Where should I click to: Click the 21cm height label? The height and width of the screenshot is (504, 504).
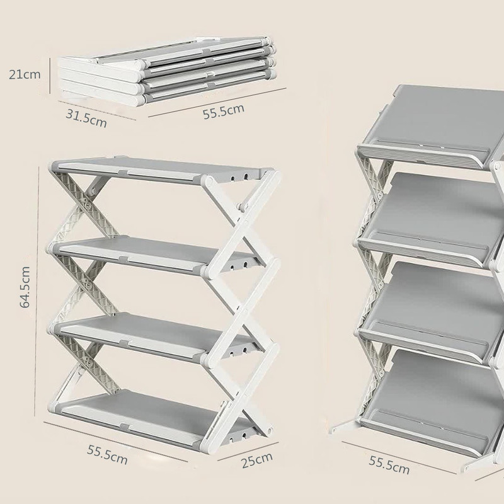pyautogui.click(x=25, y=74)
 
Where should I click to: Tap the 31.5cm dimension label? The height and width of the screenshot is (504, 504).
pyautogui.click(x=86, y=118)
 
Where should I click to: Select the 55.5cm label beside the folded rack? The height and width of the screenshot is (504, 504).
pyautogui.click(x=224, y=112)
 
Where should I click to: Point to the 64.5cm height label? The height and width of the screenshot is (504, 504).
pyautogui.click(x=25, y=287)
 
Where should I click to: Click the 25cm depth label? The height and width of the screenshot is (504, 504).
pyautogui.click(x=257, y=460)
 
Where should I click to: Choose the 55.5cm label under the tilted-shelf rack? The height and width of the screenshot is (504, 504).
pyautogui.click(x=389, y=465)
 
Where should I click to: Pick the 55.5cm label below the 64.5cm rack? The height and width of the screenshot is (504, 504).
pyautogui.click(x=107, y=454)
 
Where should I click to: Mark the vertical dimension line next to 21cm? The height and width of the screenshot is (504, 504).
pyautogui.click(x=50, y=76)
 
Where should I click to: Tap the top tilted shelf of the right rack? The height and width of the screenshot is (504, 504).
pyautogui.click(x=431, y=125)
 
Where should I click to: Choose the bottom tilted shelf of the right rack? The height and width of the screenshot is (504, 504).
pyautogui.click(x=431, y=402)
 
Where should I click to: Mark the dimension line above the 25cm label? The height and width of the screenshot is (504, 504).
pyautogui.click(x=248, y=452)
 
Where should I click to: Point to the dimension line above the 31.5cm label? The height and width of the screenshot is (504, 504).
pyautogui.click(x=97, y=110)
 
